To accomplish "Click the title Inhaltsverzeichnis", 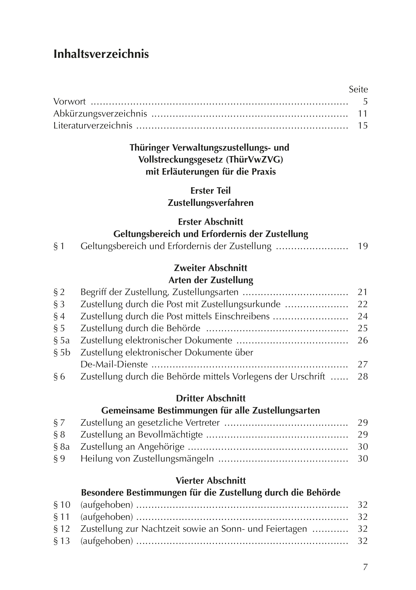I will pos(101,54).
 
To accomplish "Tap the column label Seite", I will pos(358,89).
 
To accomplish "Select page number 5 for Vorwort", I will pos(365,102).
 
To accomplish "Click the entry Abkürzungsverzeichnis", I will pos(100,113).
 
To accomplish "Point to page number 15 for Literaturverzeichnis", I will pos(363,126).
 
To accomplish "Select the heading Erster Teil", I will pos(211,191).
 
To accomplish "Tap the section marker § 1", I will pos(59,246).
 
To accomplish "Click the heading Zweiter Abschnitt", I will pos(211,268).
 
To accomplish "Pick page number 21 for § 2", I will pos(363,292).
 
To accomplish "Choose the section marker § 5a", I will pos(62,340).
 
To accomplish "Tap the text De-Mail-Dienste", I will pos(114,364).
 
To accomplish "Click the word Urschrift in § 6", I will pos(308,376).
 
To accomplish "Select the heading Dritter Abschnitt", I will pos(211,398).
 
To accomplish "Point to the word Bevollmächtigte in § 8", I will pos(170,435).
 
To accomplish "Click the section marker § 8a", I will pos(62,447).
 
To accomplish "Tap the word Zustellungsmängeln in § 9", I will pos(173,459).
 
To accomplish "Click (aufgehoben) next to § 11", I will pos(107,517).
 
